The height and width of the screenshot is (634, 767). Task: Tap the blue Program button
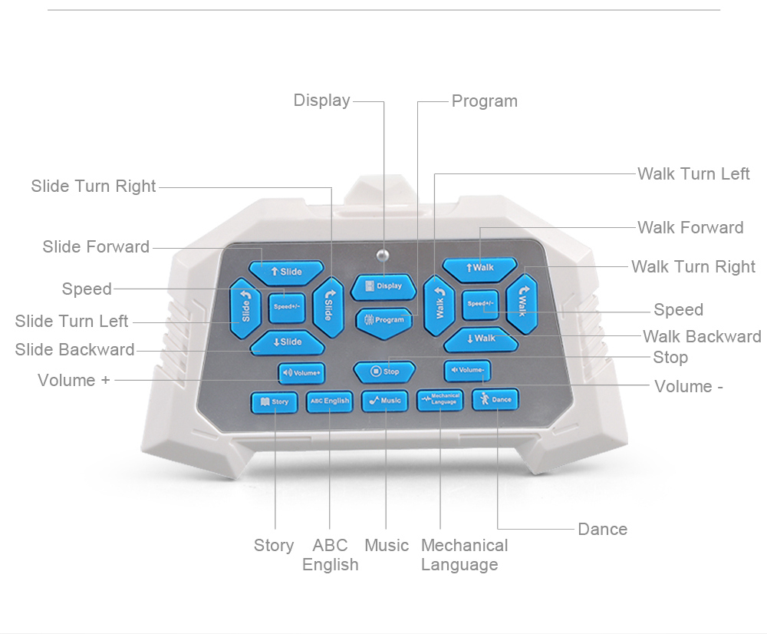pos(384,319)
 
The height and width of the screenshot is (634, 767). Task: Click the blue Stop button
pos(384,371)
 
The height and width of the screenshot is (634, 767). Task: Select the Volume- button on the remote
pos(467,371)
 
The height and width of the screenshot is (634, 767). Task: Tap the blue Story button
pos(274,401)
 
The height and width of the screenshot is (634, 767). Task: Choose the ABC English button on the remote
pos(329,401)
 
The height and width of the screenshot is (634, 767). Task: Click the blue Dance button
pos(495,400)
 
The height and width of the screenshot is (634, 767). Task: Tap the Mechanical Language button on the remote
pos(439,400)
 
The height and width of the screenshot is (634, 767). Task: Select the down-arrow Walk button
pos(481,338)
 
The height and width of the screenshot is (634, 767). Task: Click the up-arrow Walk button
pos(480,267)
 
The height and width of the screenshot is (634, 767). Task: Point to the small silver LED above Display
pos(383,254)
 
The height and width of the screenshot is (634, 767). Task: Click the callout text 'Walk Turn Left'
pos(693,173)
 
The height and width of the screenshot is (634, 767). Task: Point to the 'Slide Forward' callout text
pos(96,246)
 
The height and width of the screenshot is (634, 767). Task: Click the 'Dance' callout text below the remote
pos(602,529)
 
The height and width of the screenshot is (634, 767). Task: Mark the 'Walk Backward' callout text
pos(702,336)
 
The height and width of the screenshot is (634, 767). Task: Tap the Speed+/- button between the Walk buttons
pos(480,304)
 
